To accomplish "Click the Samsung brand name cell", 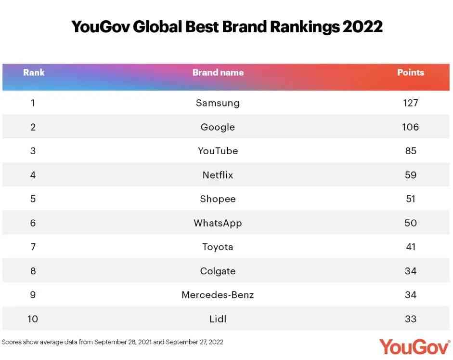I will click(218, 103).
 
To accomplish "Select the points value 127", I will click(410, 103).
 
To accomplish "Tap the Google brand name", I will click(218, 127).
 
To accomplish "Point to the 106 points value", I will click(410, 127).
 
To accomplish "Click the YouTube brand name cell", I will click(218, 151).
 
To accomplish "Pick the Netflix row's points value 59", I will click(410, 175).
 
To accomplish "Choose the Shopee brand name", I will click(218, 199).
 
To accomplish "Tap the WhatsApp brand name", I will click(218, 223).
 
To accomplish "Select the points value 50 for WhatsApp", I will click(410, 223).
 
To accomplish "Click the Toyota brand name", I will click(218, 247).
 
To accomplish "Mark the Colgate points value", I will click(410, 271).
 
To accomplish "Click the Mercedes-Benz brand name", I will click(218, 295).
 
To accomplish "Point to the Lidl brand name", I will click(218, 319).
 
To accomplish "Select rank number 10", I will click(33, 319).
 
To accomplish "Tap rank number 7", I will click(33, 247).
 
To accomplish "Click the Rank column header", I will click(34, 73).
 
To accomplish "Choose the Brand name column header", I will click(218, 73).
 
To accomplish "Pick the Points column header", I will click(410, 73).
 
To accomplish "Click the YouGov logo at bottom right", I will click(414, 346).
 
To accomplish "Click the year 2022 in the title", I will click(362, 27).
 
